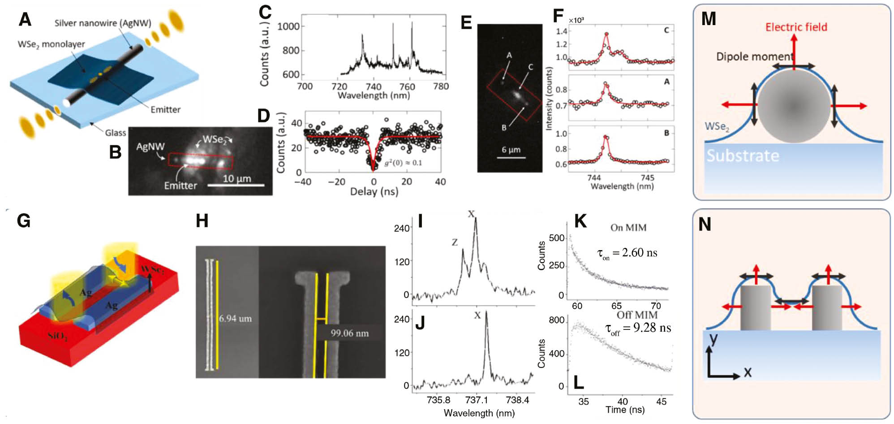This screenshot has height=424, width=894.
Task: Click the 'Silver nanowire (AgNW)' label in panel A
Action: coord(103,23)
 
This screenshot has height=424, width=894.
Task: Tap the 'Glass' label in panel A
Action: coord(115,133)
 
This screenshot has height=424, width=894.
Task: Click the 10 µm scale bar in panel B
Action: coord(237,184)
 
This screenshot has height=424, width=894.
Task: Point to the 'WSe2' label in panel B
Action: coord(214,139)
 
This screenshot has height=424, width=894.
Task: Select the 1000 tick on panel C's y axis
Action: coord(288,26)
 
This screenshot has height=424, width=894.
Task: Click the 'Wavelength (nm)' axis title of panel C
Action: coord(374,95)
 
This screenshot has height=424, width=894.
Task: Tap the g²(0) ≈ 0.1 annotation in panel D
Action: coord(403,163)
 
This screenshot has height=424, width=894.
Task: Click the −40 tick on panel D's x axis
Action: coord(303,182)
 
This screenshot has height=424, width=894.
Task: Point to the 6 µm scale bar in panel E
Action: coord(511,157)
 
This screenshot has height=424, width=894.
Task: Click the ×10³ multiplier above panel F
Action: coord(576,20)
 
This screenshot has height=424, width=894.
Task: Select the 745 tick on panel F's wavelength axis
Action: coord(648,178)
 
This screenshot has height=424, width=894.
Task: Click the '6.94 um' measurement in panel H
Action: coord(235,319)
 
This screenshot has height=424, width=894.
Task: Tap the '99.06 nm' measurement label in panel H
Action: coord(349,333)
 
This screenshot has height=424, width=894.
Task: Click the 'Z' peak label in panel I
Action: coord(455,242)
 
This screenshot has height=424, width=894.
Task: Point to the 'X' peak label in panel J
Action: coord(477,316)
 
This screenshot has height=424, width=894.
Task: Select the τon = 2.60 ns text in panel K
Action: coord(627,254)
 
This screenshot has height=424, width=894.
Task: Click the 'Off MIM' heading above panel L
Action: coord(637,315)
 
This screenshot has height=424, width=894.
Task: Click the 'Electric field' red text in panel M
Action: coord(796,27)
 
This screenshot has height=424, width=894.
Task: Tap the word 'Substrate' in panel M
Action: coord(743,156)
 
